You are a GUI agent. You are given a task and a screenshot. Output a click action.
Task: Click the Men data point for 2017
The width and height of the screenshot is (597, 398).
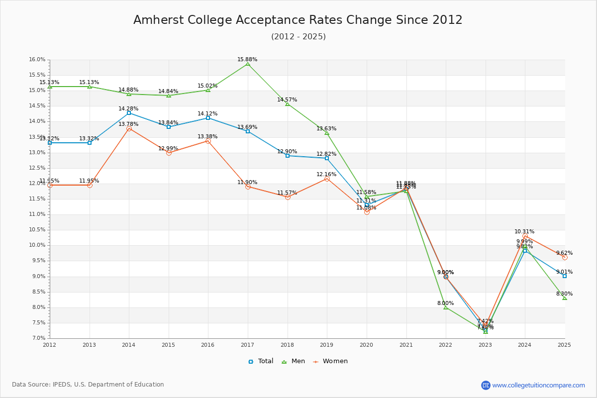click(x=248, y=64)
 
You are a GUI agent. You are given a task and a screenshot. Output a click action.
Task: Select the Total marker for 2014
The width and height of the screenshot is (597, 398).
click(x=129, y=113)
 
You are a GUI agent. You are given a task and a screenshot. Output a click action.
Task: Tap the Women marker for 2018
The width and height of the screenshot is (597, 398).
click(x=288, y=197)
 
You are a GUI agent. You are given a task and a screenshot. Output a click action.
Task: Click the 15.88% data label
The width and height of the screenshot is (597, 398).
click(x=247, y=59)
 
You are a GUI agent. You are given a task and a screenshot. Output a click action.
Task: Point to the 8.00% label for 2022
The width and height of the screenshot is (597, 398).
click(x=445, y=303)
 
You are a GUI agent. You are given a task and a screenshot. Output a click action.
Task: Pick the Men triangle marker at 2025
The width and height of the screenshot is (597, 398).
click(x=565, y=298)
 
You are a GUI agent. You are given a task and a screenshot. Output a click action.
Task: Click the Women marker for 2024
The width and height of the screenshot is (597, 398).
click(x=525, y=236)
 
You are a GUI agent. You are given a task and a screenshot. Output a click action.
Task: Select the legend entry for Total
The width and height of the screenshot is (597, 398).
click(x=261, y=361)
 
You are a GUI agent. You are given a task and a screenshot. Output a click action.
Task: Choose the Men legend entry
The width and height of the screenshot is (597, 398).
click(x=294, y=361)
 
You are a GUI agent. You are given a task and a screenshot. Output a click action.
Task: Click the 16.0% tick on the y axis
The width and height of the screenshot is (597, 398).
click(x=37, y=60)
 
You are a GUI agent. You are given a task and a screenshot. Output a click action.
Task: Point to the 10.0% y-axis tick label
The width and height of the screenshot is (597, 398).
click(x=37, y=245)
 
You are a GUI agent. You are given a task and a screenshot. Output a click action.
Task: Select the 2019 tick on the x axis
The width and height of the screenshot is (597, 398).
click(x=327, y=344)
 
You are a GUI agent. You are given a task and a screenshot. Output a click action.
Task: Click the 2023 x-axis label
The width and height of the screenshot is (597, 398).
click(x=485, y=344)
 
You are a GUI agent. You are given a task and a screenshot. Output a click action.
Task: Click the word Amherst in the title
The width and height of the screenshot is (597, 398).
click(x=156, y=20)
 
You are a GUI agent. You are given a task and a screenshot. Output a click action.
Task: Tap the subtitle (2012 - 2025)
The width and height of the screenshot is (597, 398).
click(x=298, y=36)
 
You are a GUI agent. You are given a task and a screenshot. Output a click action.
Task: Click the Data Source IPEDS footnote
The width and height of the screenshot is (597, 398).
click(x=88, y=385)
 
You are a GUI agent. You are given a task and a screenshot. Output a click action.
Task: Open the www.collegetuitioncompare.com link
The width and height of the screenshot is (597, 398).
click(x=538, y=385)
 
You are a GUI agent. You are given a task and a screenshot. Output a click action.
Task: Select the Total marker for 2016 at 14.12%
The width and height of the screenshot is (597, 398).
click(x=208, y=118)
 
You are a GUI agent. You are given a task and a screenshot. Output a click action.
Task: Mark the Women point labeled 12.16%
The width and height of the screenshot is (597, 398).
click(x=327, y=179)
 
